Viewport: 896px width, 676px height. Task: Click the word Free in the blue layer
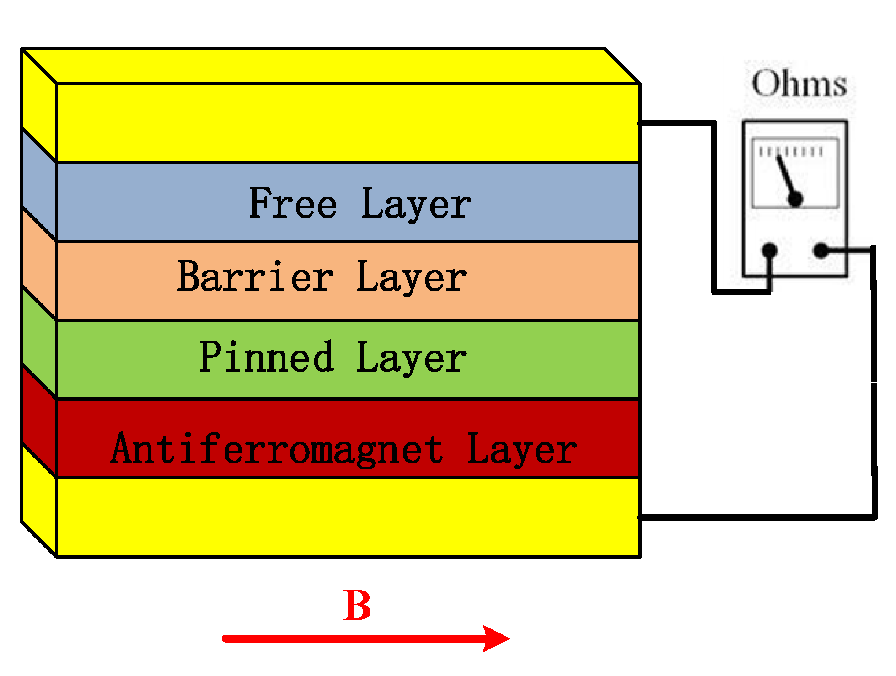(293, 203)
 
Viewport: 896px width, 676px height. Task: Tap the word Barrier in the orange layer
(255, 277)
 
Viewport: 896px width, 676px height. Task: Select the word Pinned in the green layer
(267, 357)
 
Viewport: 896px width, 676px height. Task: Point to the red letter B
(357, 606)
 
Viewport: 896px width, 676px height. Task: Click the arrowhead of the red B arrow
(496, 639)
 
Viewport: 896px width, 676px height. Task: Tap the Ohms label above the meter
(799, 84)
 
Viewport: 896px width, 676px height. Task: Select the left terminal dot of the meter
(770, 250)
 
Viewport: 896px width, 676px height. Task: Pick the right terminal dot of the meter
(821, 250)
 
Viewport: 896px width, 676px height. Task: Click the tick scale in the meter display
(791, 152)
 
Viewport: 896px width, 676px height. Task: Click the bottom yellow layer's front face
(348, 518)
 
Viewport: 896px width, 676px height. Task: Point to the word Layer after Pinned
(411, 358)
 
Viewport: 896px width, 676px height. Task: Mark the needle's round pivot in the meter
(796, 199)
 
